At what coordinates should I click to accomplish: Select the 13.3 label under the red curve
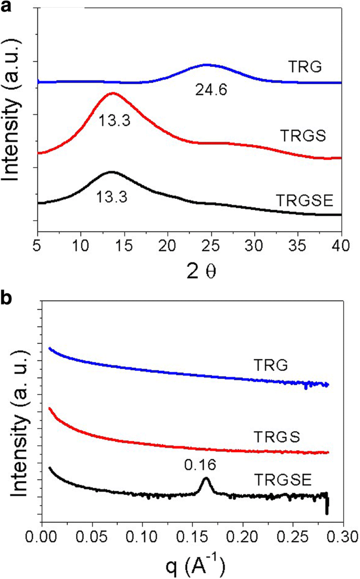click(114, 120)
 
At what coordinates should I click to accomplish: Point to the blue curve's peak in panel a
click(207, 65)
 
